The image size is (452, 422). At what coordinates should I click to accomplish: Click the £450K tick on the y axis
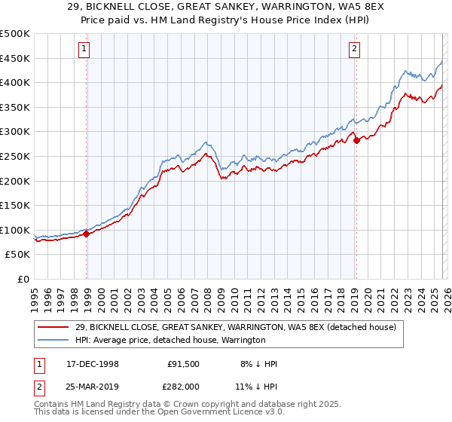[x=15, y=59]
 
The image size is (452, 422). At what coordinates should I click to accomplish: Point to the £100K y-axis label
[x=15, y=230]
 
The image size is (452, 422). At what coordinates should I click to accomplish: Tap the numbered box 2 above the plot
[x=354, y=50]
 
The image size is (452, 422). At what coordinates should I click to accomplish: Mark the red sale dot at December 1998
[x=87, y=234]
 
